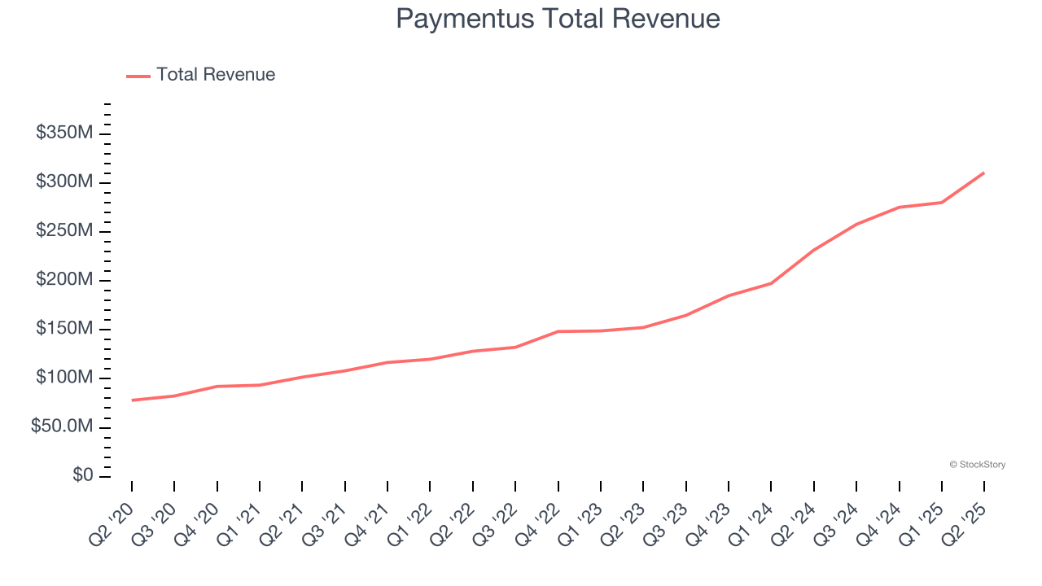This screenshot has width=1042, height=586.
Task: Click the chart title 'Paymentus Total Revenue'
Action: [558, 19]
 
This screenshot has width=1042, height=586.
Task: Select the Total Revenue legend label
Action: [216, 75]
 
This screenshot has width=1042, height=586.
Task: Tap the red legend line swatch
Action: [138, 76]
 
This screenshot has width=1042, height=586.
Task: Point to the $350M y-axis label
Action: [64, 133]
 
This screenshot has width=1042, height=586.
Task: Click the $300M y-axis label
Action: [64, 181]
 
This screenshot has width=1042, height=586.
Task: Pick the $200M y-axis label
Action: [64, 280]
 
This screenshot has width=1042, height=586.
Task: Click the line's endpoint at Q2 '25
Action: [984, 173]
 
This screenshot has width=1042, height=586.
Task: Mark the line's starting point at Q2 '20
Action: [132, 400]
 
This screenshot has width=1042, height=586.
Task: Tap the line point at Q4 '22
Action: [558, 331]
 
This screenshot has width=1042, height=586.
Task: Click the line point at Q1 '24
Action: [771, 283]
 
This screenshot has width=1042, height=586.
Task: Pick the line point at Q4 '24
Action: [899, 207]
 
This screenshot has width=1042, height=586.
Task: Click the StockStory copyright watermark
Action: [977, 465]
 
